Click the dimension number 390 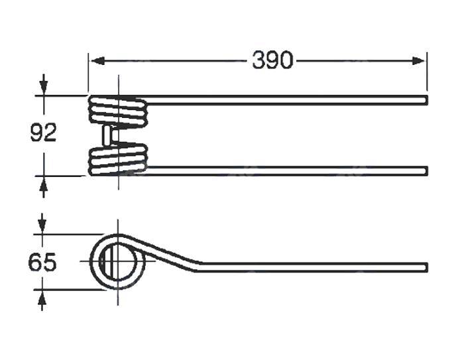pos(272,60)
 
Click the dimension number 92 pos(43,133)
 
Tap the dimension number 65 pos(42,263)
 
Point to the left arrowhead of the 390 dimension pos(97,61)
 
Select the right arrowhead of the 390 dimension pos(418,61)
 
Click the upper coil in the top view pos(117,111)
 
